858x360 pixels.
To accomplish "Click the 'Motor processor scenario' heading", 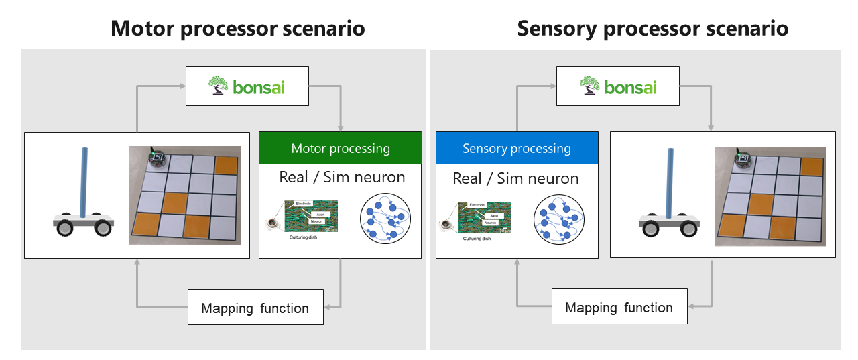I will tap(237, 29).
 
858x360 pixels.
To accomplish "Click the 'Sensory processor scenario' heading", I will tap(652, 29).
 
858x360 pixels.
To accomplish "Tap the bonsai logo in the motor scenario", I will tap(247, 86).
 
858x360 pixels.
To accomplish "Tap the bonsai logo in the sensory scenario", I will tap(618, 87).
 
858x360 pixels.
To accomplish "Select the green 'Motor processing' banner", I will tap(340, 148).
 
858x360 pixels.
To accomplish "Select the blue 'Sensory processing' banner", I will tap(516, 148).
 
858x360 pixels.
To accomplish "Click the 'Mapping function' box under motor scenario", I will tap(255, 308).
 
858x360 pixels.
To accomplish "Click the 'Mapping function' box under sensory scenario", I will tap(619, 308).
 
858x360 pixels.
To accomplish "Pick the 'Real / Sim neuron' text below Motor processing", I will tap(342, 178).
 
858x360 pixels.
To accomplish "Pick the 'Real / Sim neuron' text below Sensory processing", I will tap(515, 178).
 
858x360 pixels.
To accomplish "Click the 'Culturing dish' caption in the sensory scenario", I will tap(481, 238).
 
